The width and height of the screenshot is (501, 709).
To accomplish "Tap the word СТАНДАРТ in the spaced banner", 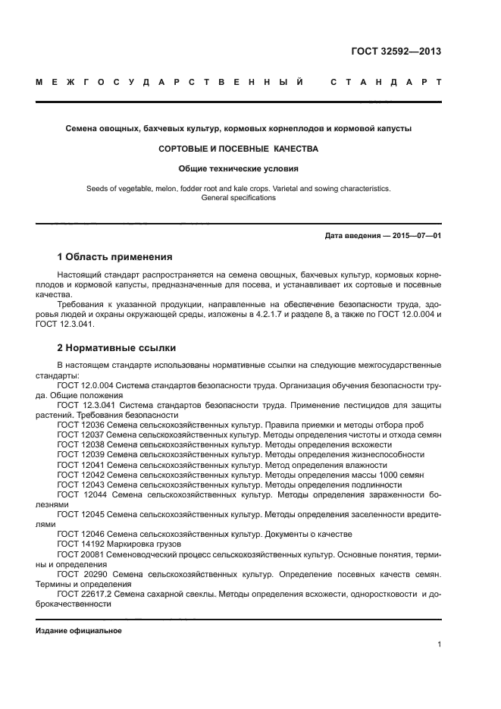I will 386,81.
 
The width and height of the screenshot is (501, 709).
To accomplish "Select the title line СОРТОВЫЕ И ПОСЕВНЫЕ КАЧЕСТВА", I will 238,149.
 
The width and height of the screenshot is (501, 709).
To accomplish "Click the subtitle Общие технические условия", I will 238,168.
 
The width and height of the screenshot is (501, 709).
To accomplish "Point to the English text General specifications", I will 238,197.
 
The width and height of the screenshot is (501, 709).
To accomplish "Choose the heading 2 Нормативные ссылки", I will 117,348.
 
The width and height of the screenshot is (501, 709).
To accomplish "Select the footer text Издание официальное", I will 79,631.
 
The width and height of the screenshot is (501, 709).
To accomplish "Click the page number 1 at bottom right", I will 439,645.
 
